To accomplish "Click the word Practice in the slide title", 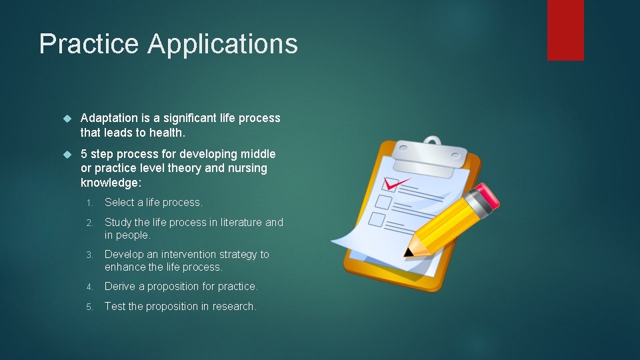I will click(90, 44).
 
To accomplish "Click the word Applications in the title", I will click(223, 44).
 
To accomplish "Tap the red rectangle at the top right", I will click(565, 30).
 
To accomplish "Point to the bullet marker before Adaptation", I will click(66, 119).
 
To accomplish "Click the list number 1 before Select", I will click(90, 203).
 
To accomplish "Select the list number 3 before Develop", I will click(90, 255).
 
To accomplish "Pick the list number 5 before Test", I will click(90, 307).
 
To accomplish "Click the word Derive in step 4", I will click(120, 287).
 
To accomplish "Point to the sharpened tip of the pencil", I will click(408, 254).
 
